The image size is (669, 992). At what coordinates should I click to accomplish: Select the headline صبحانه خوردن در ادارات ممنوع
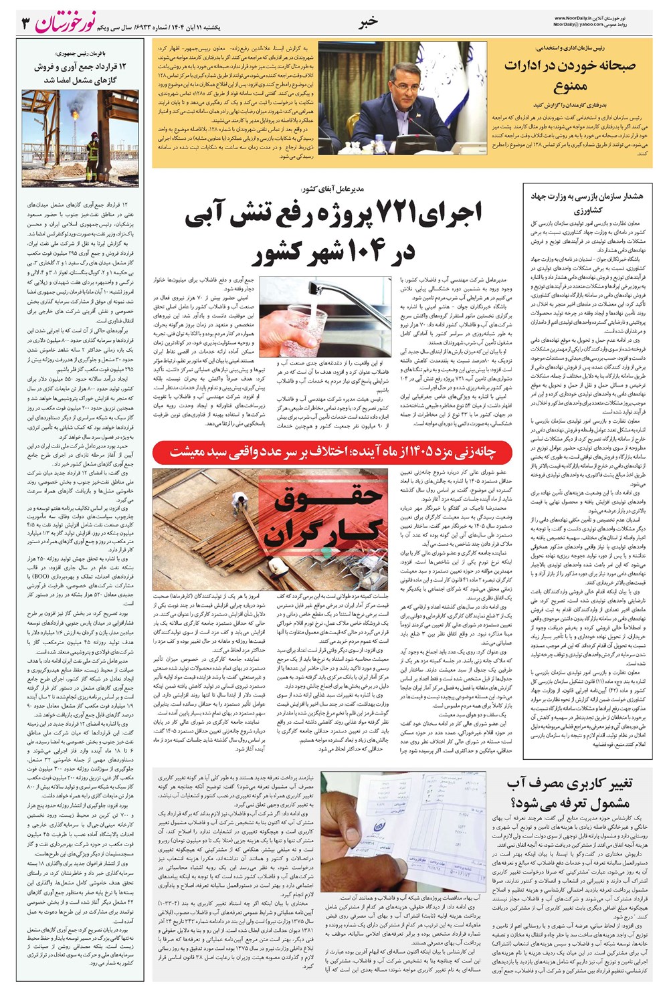coord(569,76)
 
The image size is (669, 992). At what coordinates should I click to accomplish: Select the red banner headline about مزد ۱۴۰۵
coord(332,452)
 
